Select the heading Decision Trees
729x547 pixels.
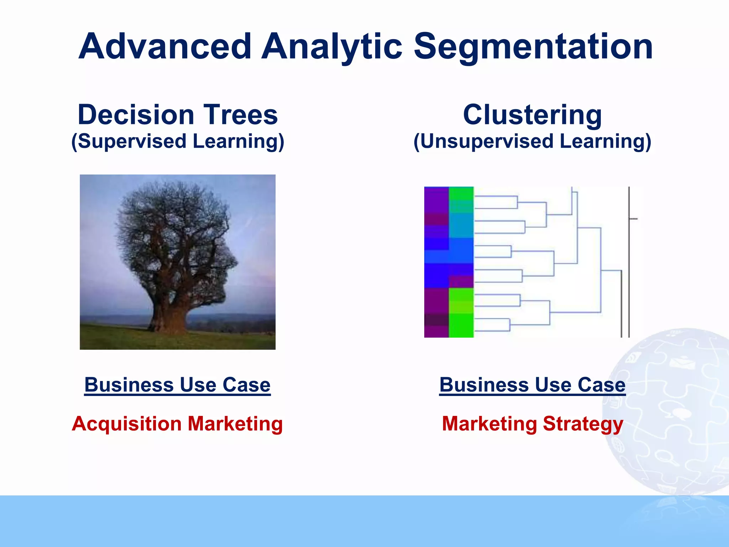pos(178,115)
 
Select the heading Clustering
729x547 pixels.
pos(532,115)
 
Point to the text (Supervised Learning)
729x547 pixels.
pos(178,141)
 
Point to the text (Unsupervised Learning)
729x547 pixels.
pos(532,141)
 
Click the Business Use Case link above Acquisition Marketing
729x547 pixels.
pos(177,385)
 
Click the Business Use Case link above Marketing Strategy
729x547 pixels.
pos(532,385)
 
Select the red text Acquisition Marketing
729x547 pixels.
pos(177,424)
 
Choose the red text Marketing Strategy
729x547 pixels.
pos(532,424)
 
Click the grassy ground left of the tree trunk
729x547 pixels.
pos(114,337)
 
